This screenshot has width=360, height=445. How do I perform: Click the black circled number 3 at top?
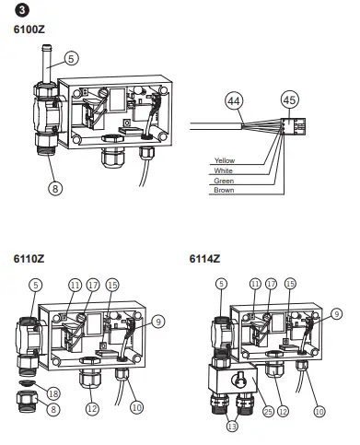pos(21,10)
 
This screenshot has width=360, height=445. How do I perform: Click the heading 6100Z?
pos(29,29)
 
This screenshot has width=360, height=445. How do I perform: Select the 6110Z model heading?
pos(29,259)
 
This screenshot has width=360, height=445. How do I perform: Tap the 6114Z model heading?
pos(204,259)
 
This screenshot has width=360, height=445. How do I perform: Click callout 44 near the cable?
pos(234,100)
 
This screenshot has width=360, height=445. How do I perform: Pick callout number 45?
pos(290,100)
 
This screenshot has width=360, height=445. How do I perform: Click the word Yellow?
pos(225,160)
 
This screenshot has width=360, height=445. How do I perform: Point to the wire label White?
pos(224,170)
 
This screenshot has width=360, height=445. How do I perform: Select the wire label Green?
pos(224,181)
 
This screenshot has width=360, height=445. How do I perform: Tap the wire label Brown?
pos(224,190)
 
